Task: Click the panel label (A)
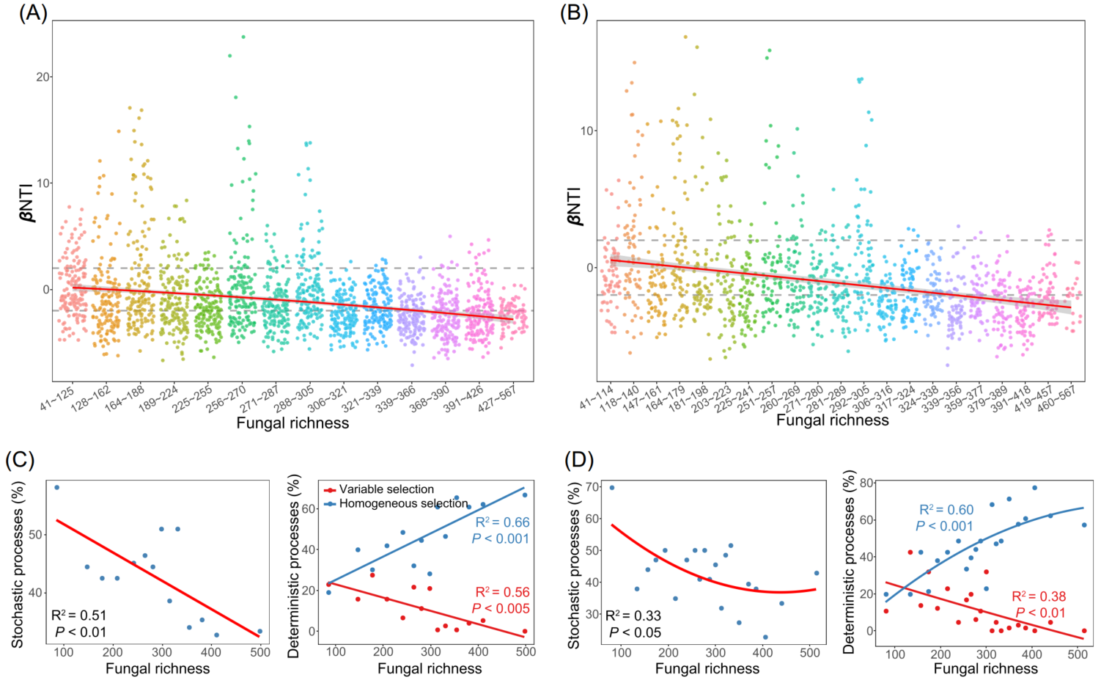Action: [x=32, y=14]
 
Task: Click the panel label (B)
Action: [x=573, y=14]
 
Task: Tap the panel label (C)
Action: [x=20, y=459]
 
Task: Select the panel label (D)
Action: [x=579, y=459]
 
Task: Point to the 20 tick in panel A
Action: [x=43, y=77]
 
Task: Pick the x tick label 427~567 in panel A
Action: [x=498, y=398]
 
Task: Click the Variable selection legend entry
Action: [x=386, y=489]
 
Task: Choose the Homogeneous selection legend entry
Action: [x=403, y=503]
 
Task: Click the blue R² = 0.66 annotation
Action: [x=502, y=522]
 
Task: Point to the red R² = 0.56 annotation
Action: [x=502, y=592]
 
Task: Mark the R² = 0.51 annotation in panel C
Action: [x=79, y=616]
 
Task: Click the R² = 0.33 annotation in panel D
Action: [x=633, y=616]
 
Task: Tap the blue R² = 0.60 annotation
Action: [x=946, y=510]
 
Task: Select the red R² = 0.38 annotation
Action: [x=1039, y=596]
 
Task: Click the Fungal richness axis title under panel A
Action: [x=292, y=423]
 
